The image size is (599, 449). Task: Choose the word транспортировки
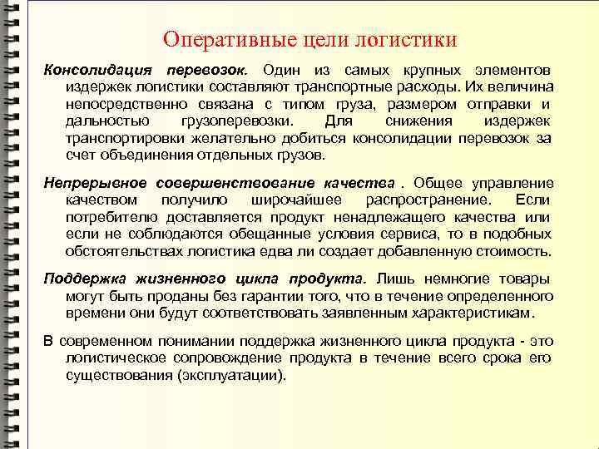point(119,138)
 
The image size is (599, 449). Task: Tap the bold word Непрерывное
point(95,183)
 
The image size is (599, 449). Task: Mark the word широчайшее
point(294,200)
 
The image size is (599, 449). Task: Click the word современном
point(100,341)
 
